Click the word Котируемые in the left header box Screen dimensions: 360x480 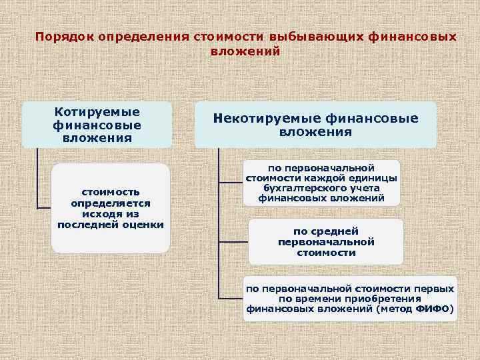[x=97, y=113]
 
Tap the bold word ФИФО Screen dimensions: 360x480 [x=433, y=309]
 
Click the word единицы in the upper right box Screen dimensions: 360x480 [x=376, y=178]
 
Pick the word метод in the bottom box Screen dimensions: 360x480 [x=395, y=309]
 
